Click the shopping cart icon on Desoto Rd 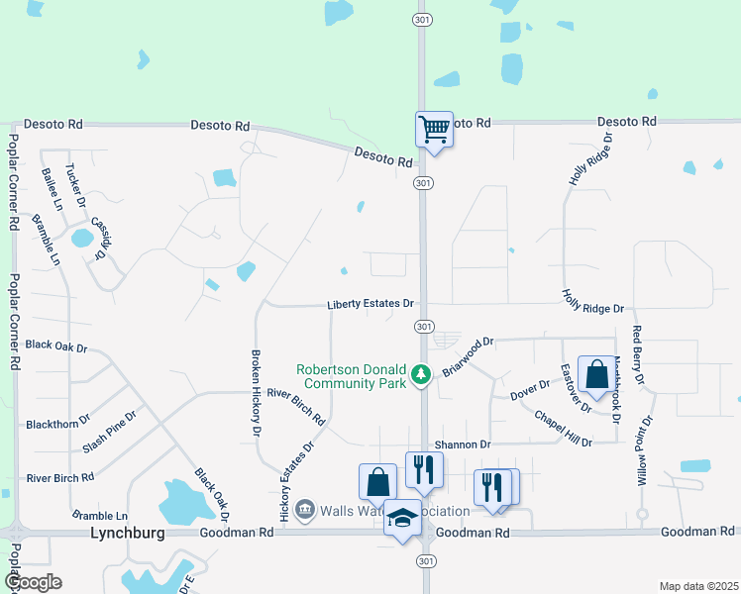(x=434, y=130)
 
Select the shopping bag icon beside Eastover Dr (x=596, y=376)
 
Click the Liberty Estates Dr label (x=370, y=304)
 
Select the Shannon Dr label (x=463, y=445)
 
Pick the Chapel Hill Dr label (x=562, y=429)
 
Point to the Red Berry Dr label (x=638, y=356)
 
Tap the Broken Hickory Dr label (x=256, y=394)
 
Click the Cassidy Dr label (x=99, y=239)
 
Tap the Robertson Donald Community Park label (x=352, y=377)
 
